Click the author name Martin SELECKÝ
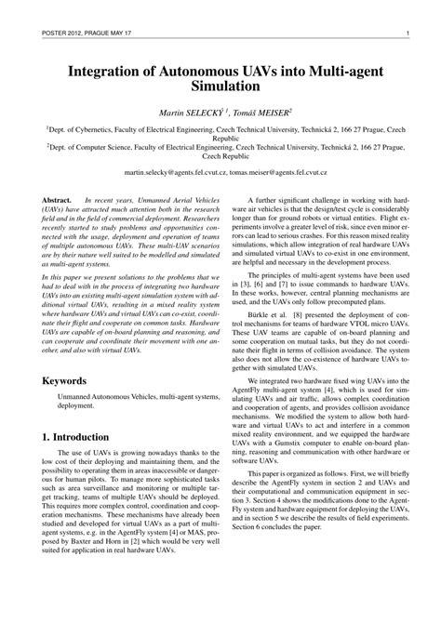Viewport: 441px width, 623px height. tap(197, 112)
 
